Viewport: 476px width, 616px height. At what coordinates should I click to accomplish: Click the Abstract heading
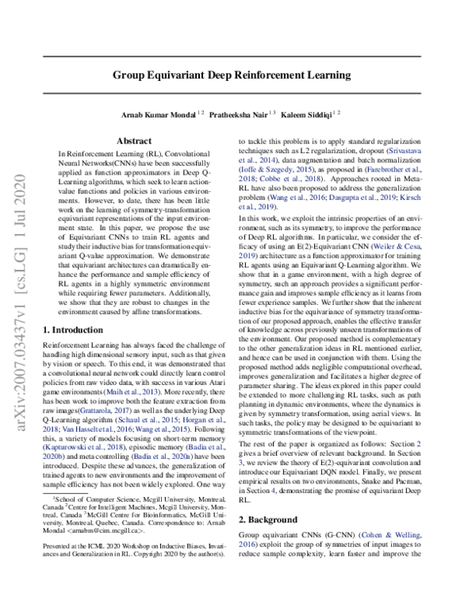tap(140, 140)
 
